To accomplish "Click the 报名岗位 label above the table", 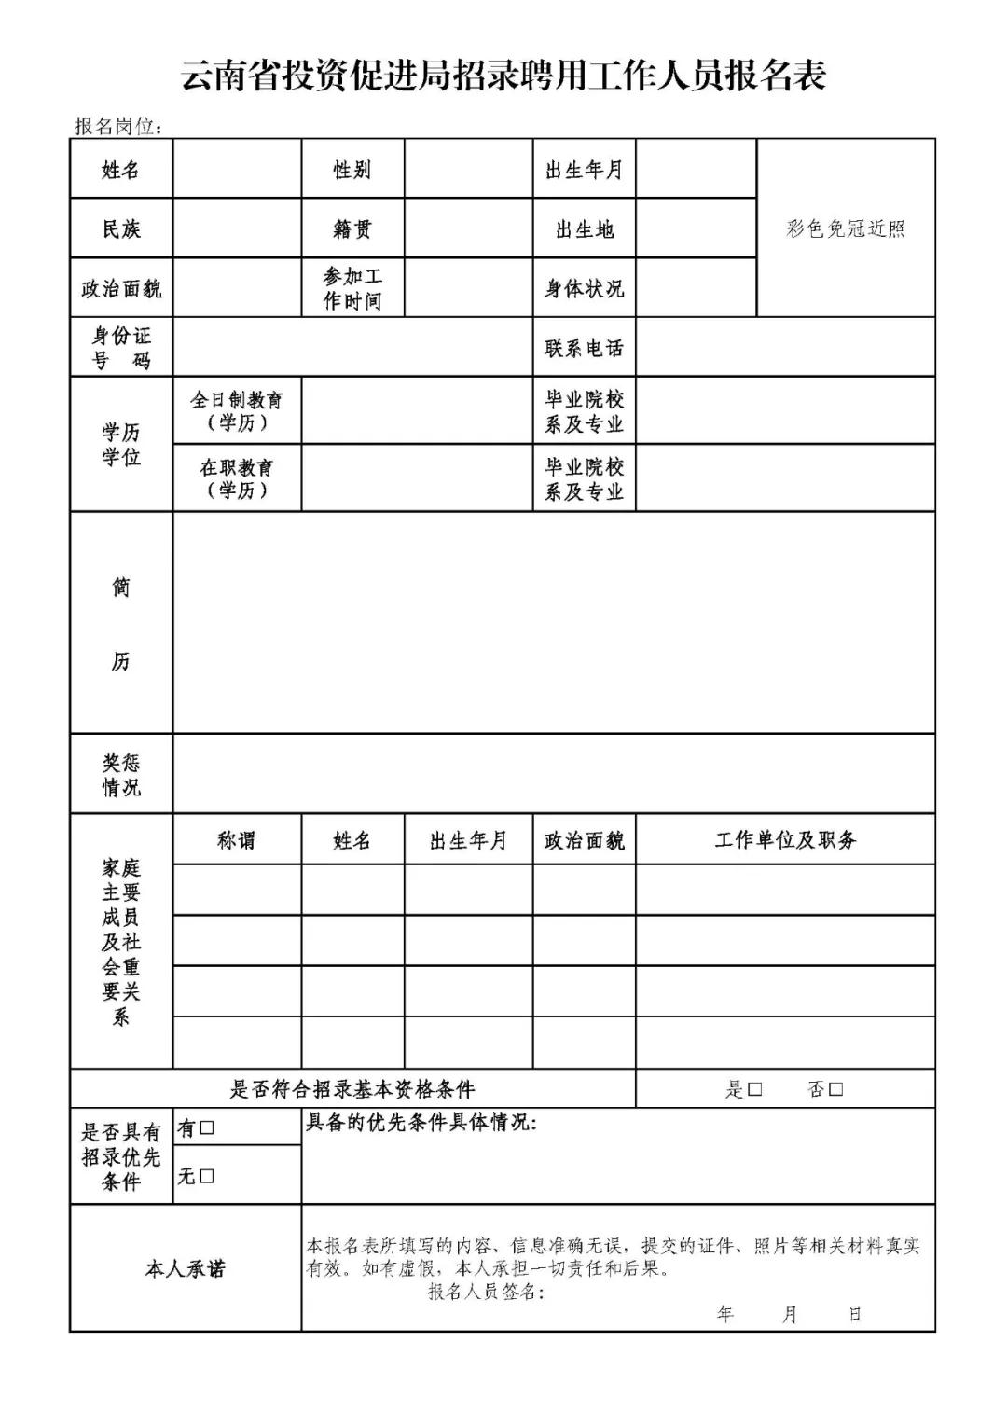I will [118, 127].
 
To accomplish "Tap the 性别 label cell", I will [352, 170].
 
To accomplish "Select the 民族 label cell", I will [121, 229].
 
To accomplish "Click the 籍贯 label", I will [352, 229].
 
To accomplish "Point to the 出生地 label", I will [585, 229].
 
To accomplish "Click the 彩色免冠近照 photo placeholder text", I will [846, 229].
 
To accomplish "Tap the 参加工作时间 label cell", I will [352, 288].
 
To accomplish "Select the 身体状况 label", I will [585, 289].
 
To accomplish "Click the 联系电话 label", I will [585, 348].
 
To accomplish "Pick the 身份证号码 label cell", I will [121, 348].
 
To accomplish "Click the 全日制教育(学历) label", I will [237, 410].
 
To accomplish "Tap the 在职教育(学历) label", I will [237, 478].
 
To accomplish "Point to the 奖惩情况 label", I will [121, 775].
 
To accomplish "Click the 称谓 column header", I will [237, 841].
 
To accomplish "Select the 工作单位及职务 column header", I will [785, 841].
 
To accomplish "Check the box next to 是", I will [755, 1089].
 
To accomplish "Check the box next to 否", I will [835, 1089].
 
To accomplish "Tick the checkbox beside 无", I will [207, 1176].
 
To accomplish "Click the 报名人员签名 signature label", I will [485, 1292].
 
